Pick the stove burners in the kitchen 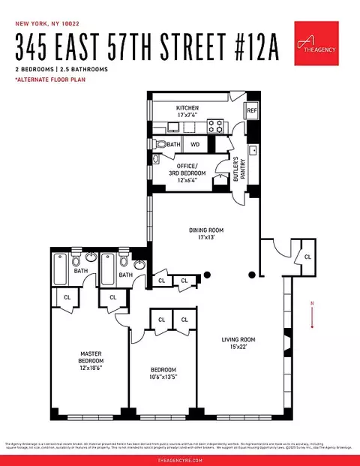215,126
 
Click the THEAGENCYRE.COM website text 180,458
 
